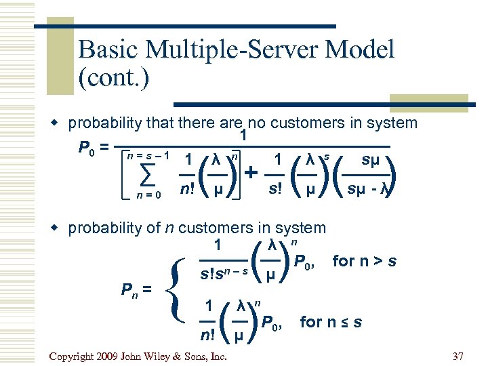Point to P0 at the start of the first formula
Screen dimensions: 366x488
point(88,148)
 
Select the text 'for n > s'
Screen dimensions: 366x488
point(365,260)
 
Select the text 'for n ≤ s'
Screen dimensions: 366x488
point(331,322)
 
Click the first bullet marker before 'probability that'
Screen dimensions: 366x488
point(58,124)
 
